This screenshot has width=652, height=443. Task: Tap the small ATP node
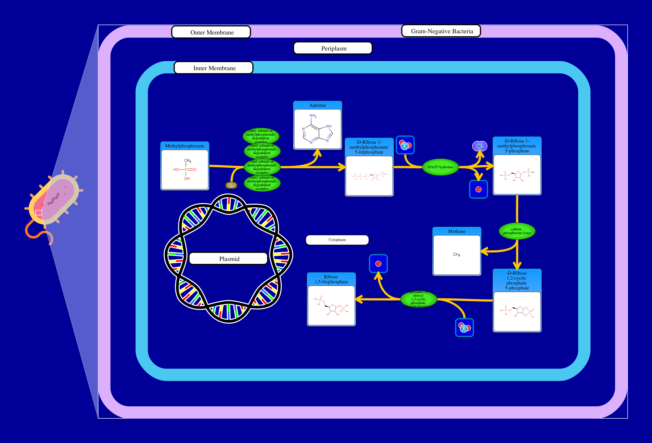click(231, 185)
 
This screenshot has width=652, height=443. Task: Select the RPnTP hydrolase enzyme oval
click(440, 167)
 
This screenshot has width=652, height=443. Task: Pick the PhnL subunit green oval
click(261, 136)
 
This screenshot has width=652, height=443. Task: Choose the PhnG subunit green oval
click(262, 183)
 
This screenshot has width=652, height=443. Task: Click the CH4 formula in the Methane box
click(456, 254)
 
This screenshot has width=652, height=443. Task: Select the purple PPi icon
click(479, 146)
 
